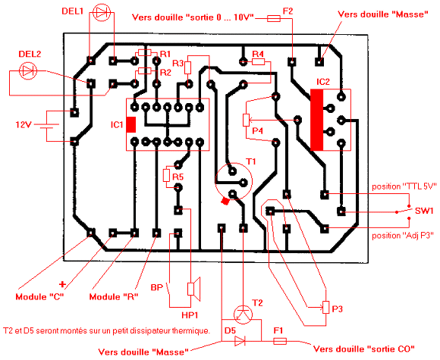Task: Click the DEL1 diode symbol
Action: (x=102, y=13)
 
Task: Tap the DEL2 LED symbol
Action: (x=28, y=71)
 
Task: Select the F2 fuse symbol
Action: (x=273, y=19)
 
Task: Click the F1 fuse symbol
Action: (x=280, y=341)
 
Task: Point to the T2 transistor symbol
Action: (x=243, y=315)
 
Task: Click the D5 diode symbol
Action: (x=240, y=341)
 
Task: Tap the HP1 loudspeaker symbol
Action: (x=194, y=289)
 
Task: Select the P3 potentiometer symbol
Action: (x=325, y=307)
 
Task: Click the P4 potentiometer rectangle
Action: (x=246, y=120)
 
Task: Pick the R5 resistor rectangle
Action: (x=166, y=176)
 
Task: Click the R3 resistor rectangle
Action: (x=187, y=68)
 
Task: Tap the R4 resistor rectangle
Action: (x=258, y=61)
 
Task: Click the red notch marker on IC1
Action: (x=131, y=125)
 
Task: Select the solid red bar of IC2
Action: (x=317, y=120)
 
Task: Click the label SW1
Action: (x=424, y=211)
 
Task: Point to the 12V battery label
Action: (x=24, y=124)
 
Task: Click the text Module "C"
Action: (x=40, y=296)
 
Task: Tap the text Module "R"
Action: (x=114, y=296)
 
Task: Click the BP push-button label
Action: (x=157, y=287)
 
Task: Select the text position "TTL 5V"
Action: (x=404, y=186)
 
